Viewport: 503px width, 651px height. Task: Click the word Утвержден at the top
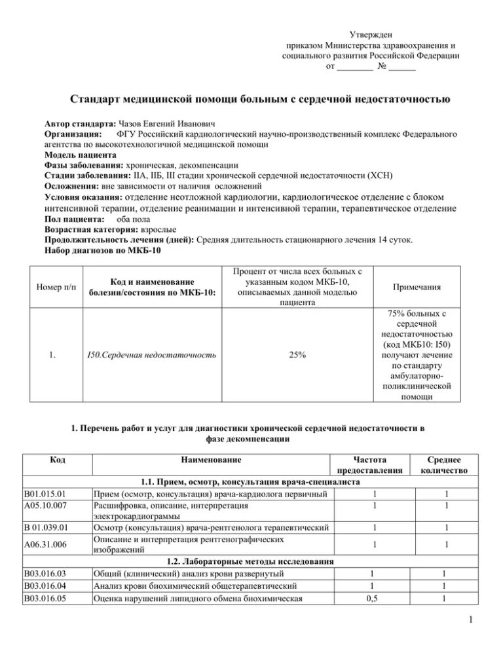click(x=370, y=34)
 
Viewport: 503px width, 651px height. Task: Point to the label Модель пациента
click(x=81, y=155)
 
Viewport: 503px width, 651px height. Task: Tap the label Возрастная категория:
click(x=90, y=229)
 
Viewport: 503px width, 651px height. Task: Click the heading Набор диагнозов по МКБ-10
click(x=102, y=250)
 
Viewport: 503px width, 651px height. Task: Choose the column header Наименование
click(x=211, y=460)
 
